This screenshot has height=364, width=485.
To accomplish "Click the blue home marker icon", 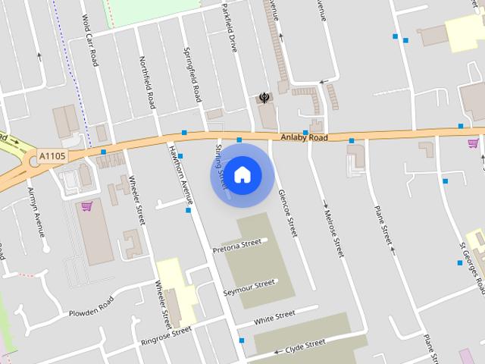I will point(242,175).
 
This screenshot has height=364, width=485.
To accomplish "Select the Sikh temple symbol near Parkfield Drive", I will point(264,97).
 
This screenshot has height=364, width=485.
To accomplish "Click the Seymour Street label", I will point(249,287).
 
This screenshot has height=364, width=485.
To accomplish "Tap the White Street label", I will point(274,317).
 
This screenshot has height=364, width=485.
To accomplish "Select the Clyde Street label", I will point(305,345).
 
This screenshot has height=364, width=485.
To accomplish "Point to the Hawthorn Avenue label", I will point(180,174).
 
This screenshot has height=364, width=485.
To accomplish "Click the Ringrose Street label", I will point(166,336).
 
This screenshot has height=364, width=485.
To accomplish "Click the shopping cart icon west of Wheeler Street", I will point(86,206).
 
